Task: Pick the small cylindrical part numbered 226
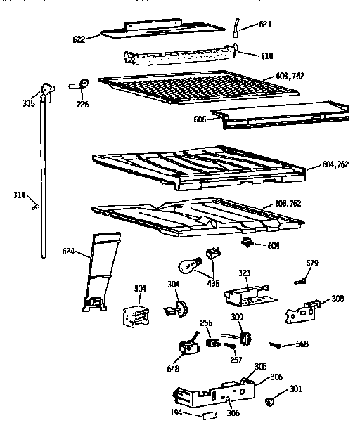tap(78, 86)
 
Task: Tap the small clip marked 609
tap(247, 242)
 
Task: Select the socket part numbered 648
tap(187, 348)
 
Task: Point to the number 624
tap(69, 249)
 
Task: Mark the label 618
tap(267, 56)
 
